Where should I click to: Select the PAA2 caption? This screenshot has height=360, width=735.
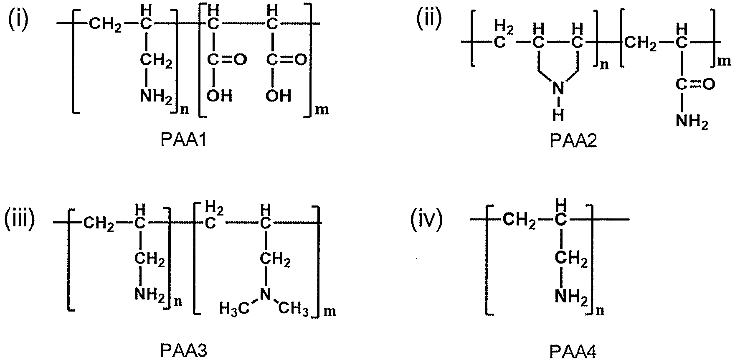pos(573,141)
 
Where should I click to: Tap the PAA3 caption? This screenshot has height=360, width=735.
pos(184,350)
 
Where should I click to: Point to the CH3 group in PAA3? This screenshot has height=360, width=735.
pos(294,309)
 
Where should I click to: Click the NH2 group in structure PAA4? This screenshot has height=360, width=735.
pos(572,297)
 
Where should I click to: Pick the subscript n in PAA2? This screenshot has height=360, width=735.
pos(604,66)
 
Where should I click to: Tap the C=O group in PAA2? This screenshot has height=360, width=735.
pos(695,85)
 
